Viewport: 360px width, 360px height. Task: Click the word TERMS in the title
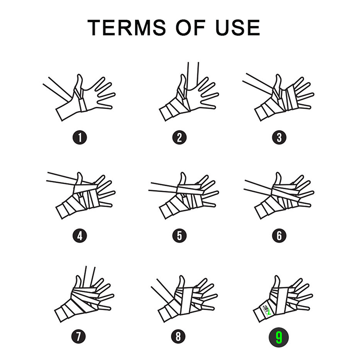click(x=126, y=27)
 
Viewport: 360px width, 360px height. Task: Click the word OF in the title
click(x=190, y=27)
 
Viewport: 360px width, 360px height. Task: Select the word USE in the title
click(x=238, y=27)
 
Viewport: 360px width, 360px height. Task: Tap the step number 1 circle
click(x=80, y=138)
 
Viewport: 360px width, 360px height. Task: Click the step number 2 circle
click(x=179, y=138)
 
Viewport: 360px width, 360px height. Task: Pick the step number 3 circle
click(x=279, y=138)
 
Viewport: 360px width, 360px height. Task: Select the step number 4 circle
click(x=80, y=235)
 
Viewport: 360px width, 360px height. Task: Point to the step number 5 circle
click(x=179, y=235)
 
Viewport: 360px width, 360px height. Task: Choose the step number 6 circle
click(x=279, y=235)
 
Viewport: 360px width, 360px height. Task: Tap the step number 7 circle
click(x=78, y=337)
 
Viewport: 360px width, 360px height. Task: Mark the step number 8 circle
click(x=178, y=337)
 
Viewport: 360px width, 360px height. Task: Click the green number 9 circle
click(x=279, y=337)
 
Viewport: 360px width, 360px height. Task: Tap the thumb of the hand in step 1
click(x=79, y=83)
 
